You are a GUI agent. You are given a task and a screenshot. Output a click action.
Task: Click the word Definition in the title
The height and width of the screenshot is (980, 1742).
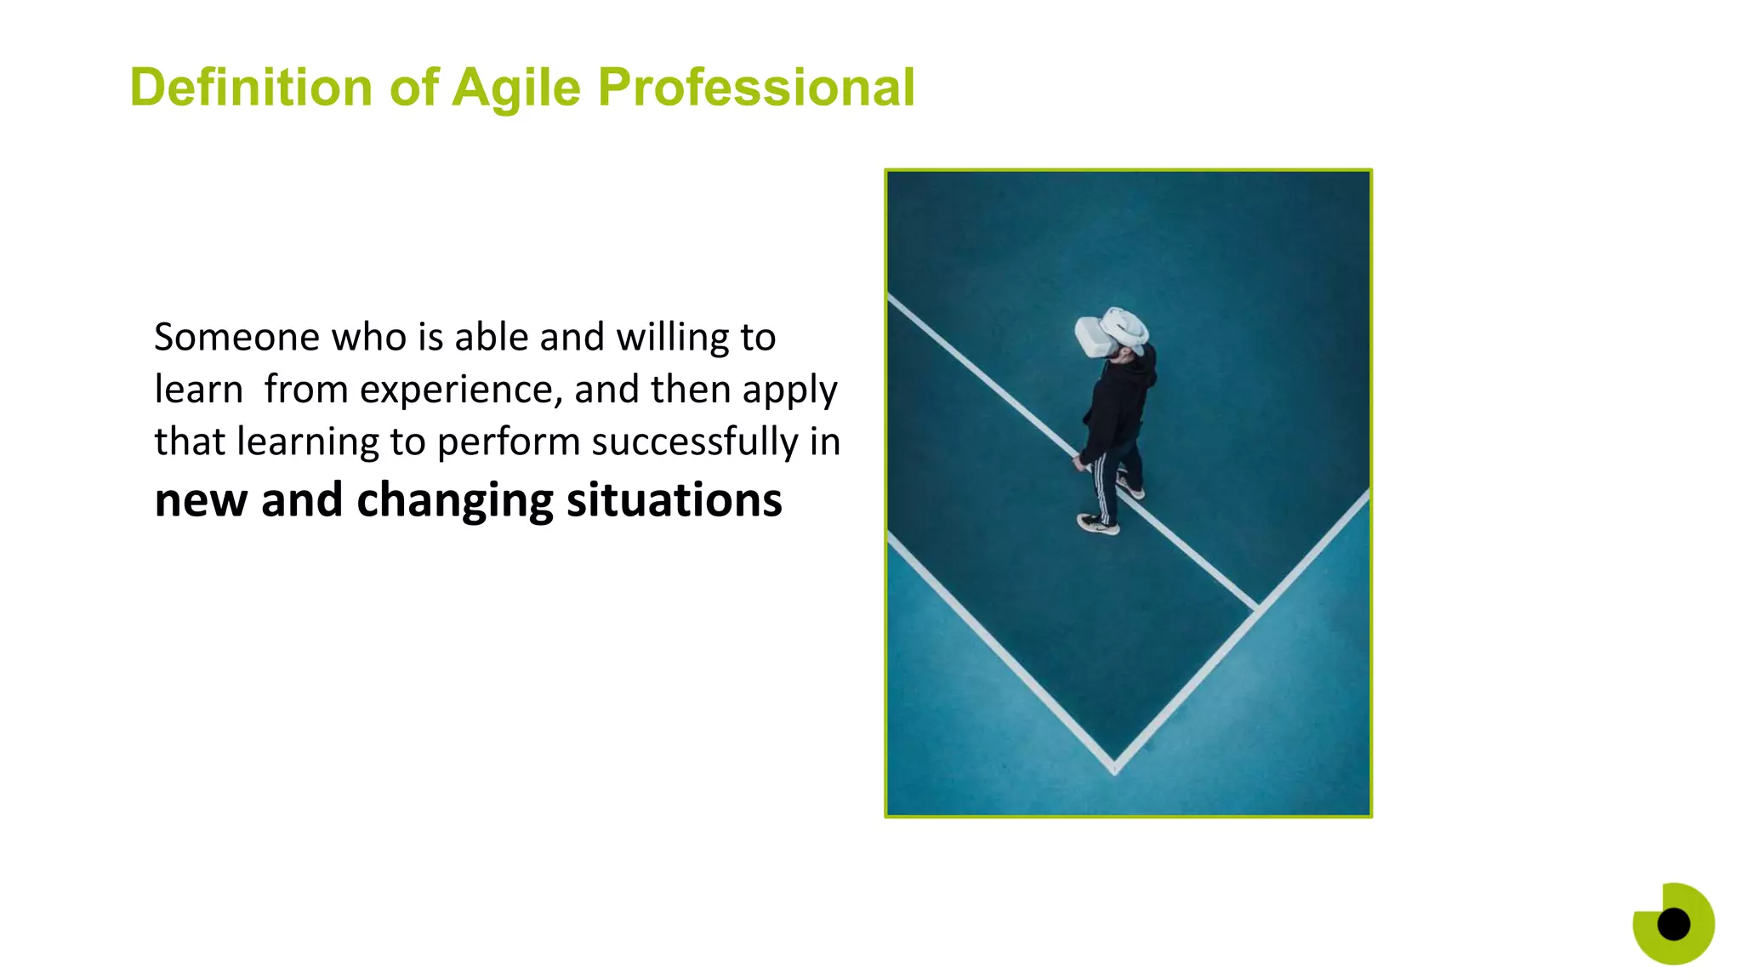pyautogui.click(x=251, y=88)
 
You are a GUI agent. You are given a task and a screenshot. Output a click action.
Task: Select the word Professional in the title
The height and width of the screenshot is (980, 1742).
pyautogui.click(x=756, y=88)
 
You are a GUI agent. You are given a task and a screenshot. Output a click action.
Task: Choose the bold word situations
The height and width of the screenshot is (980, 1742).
pyautogui.click(x=675, y=500)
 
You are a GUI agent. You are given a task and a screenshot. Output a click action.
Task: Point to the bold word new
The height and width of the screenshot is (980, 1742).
pyautogui.click(x=202, y=500)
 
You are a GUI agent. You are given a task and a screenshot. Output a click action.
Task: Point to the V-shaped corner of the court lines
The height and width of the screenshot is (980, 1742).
pyautogui.click(x=1114, y=765)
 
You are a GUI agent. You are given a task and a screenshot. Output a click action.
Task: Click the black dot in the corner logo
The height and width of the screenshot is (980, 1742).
pyautogui.click(x=1673, y=924)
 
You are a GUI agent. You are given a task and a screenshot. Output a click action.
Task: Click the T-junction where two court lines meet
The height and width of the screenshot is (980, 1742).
pyautogui.click(x=1257, y=607)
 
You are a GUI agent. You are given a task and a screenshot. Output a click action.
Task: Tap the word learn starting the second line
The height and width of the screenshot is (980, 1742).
pyautogui.click(x=198, y=390)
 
